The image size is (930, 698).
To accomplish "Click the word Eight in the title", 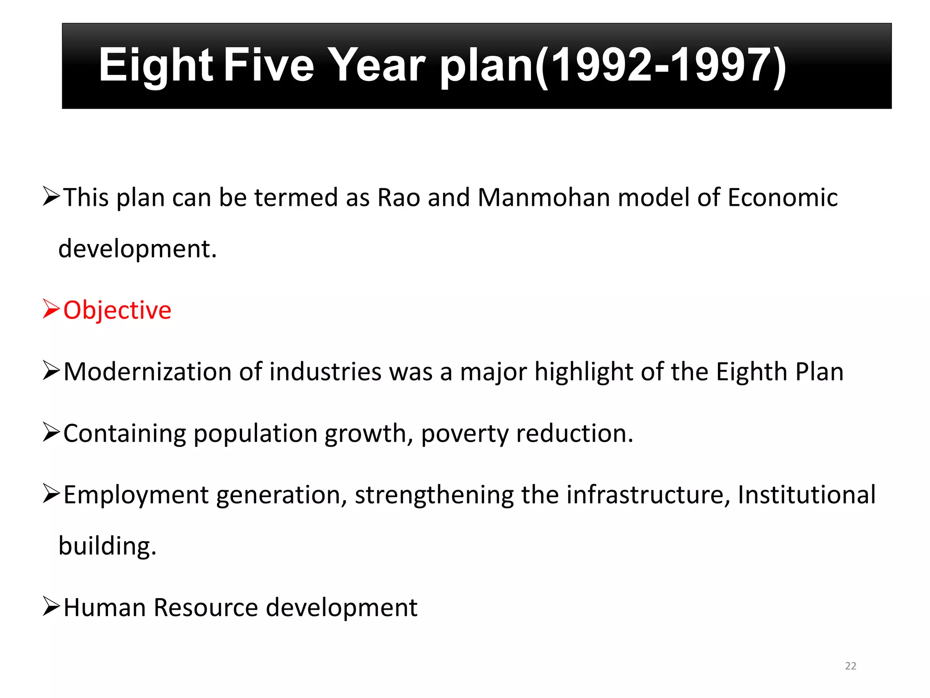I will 156,66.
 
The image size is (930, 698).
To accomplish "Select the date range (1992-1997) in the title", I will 661,66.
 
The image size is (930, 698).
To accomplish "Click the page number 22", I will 851,666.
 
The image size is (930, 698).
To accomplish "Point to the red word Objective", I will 117,310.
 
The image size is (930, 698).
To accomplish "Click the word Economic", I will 782,198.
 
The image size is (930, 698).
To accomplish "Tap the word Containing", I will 124,434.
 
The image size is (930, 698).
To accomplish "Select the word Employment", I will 136,495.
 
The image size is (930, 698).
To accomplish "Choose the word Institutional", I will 806,494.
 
